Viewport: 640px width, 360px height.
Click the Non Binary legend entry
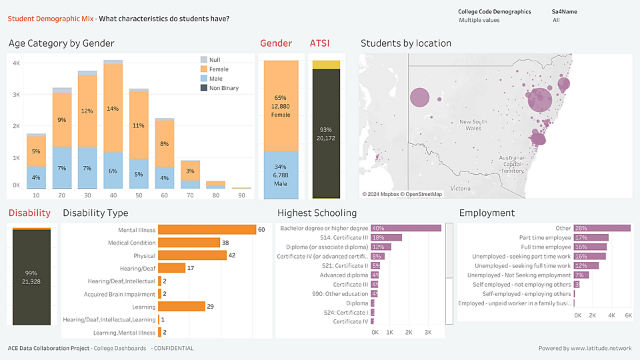[223, 88]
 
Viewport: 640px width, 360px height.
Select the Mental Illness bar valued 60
[207, 230]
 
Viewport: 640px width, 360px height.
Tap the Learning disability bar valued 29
[181, 307]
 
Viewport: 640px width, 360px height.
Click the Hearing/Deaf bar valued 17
[171, 268]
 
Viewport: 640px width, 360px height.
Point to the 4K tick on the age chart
[16, 63]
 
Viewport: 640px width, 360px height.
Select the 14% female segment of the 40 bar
[113, 108]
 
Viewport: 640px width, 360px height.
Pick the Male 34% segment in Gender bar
[280, 175]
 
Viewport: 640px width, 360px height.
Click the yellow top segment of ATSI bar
[326, 65]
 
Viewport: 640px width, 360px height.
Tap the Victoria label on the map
[461, 189]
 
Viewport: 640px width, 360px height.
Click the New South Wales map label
[474, 125]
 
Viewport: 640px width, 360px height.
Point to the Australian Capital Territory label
[513, 164]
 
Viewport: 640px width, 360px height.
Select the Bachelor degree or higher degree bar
[406, 228]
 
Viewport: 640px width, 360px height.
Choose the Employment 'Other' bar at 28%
[602, 228]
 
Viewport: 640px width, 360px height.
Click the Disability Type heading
[95, 213]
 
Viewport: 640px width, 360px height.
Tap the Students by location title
[406, 43]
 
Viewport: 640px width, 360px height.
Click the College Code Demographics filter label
[494, 11]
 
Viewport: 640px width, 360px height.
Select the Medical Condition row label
[131, 243]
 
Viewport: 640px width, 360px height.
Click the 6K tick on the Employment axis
[627, 315]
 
